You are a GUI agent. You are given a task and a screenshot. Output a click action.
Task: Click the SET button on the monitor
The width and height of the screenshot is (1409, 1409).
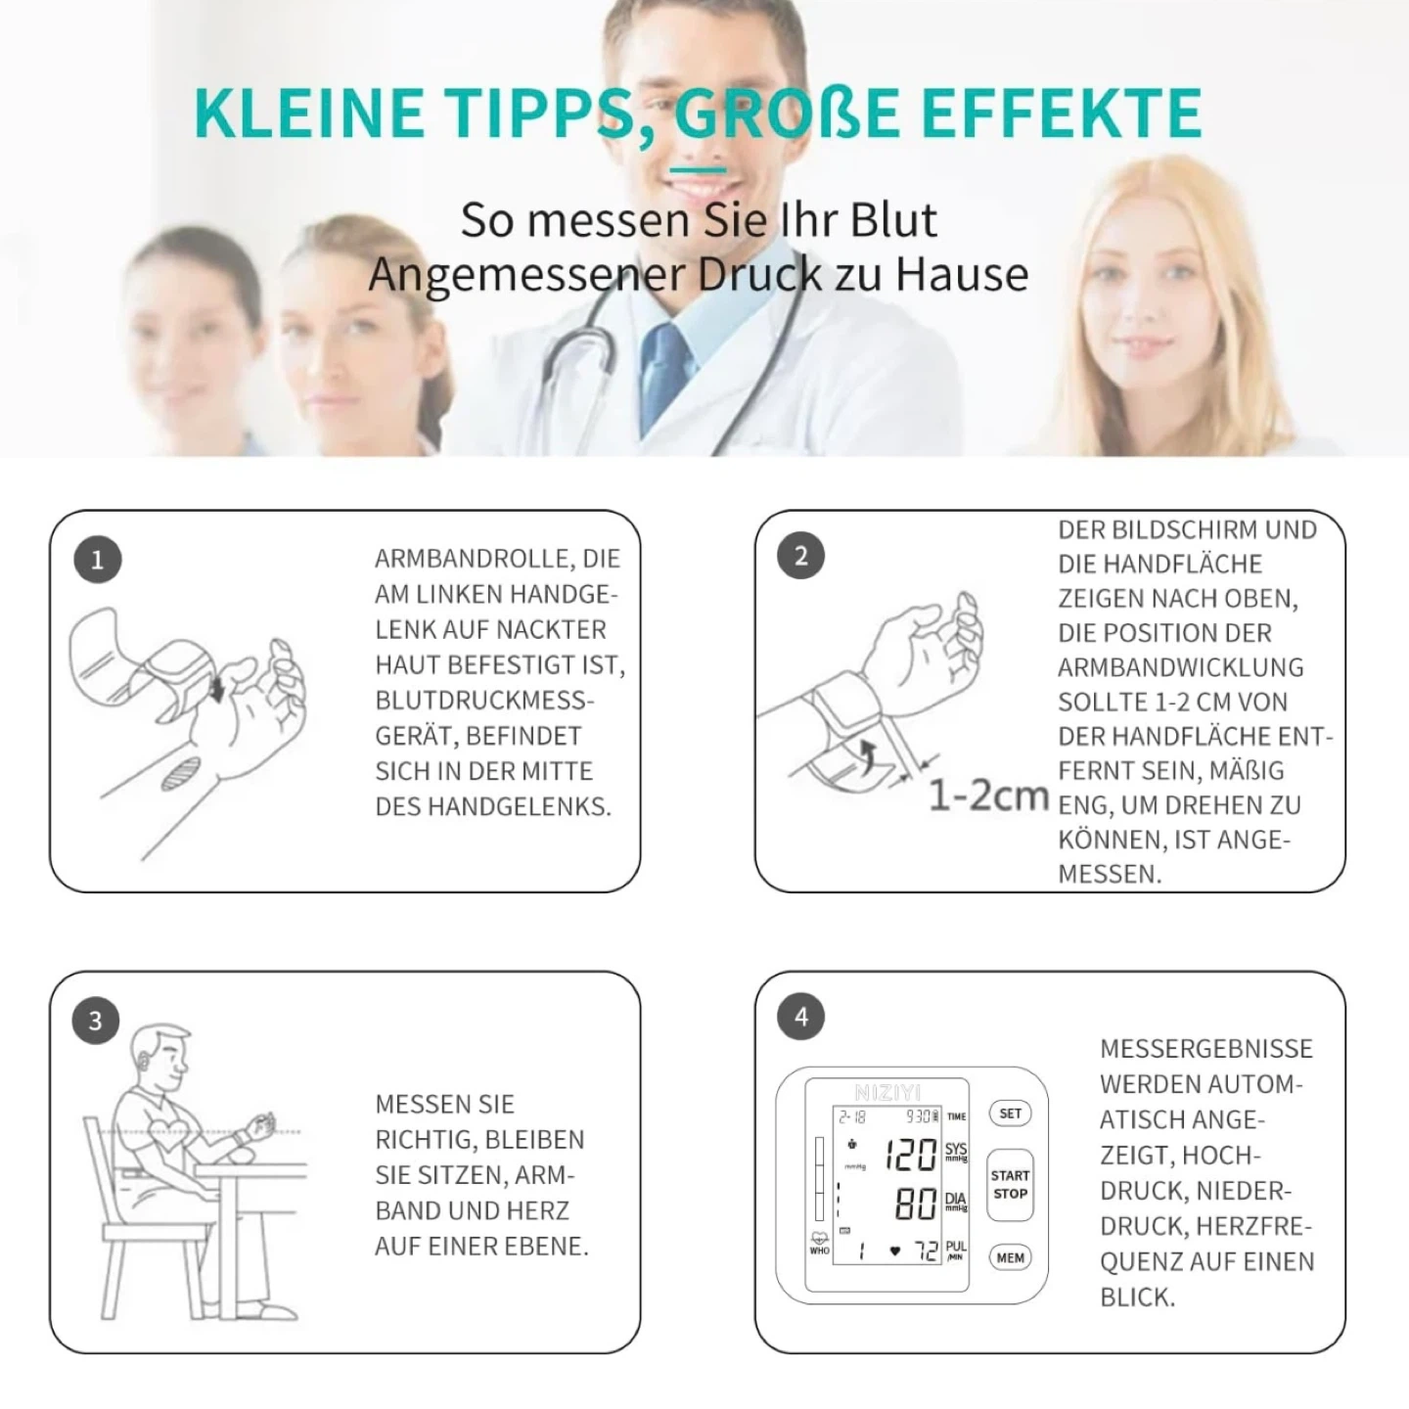[1010, 1114]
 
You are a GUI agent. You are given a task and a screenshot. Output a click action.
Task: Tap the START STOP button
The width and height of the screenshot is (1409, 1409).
[1010, 1185]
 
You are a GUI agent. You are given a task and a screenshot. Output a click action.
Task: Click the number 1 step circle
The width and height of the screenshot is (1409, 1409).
[97, 560]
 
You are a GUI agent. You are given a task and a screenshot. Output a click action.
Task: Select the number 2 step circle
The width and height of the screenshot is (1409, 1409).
[800, 556]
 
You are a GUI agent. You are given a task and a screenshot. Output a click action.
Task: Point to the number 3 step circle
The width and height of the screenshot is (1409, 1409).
[96, 1020]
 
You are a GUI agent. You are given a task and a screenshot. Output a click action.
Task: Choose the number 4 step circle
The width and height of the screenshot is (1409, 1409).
[801, 1017]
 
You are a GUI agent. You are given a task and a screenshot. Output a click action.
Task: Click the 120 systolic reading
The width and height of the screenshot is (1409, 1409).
[910, 1156]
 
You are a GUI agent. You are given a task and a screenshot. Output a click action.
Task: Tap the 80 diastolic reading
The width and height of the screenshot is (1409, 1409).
[916, 1204]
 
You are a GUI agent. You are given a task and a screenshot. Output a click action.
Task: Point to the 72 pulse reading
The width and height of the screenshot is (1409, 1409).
[927, 1251]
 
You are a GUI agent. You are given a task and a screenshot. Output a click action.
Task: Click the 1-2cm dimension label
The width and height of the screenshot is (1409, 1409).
[988, 795]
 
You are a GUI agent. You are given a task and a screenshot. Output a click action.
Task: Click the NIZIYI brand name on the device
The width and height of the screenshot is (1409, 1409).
[887, 1093]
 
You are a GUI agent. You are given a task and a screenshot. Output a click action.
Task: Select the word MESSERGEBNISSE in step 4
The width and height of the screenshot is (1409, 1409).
[1206, 1049]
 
